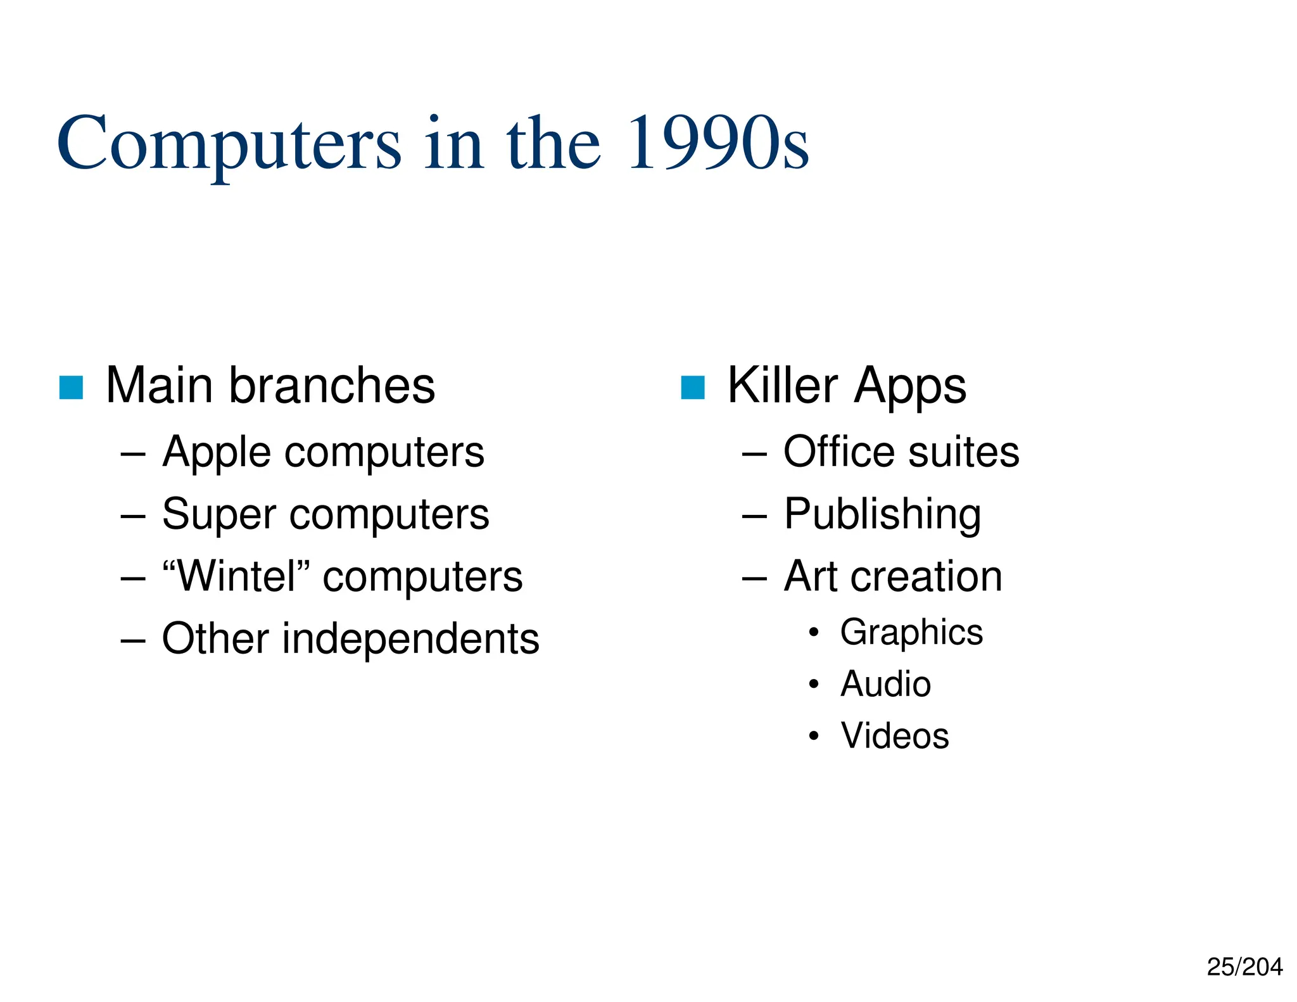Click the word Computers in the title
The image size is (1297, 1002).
click(229, 144)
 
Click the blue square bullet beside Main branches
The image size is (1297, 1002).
click(71, 388)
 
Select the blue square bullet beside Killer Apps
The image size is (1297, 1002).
click(692, 388)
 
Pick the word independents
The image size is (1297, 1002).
click(411, 638)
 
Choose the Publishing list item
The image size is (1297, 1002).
click(882, 514)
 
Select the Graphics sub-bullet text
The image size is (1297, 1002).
click(911, 633)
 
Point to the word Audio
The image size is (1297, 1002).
click(885, 684)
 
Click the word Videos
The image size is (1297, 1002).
click(895, 736)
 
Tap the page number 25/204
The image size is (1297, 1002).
click(1244, 967)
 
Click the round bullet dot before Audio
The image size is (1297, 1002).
click(814, 684)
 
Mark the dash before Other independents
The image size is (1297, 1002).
click(133, 641)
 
